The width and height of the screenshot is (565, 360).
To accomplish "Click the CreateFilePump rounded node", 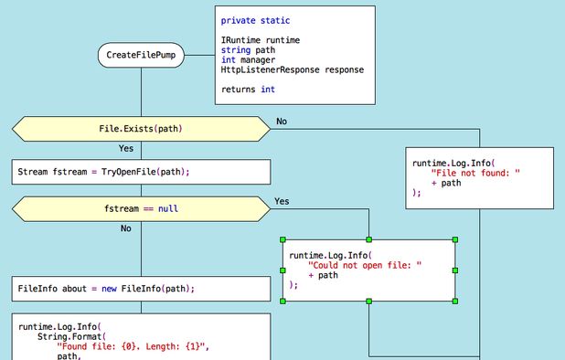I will pyautogui.click(x=142, y=56).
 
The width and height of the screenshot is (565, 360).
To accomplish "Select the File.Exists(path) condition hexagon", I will pyautogui.click(x=141, y=129).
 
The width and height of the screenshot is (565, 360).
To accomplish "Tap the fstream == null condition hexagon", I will pyautogui.click(x=141, y=208).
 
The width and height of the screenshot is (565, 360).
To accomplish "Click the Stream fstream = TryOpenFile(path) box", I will pyautogui.click(x=141, y=172).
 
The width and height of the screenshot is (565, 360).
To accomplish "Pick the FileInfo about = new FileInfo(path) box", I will pyautogui.click(x=141, y=289).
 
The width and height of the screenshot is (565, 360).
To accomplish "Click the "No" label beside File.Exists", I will pyautogui.click(x=282, y=122).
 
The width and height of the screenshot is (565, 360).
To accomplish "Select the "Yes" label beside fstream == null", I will pyautogui.click(x=282, y=201).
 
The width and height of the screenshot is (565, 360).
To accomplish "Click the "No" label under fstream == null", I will pyautogui.click(x=126, y=228).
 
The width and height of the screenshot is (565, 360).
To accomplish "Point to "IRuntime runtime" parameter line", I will pyautogui.click(x=260, y=40).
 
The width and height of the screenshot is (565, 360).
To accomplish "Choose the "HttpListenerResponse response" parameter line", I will pyautogui.click(x=292, y=69).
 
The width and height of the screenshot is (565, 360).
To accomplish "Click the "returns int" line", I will pyautogui.click(x=248, y=90).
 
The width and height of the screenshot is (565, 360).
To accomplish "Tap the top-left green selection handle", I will pyautogui.click(x=283, y=240).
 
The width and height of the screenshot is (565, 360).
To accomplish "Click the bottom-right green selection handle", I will pyautogui.click(x=455, y=301).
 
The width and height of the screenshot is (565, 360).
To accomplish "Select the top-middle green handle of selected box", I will pyautogui.click(x=369, y=240).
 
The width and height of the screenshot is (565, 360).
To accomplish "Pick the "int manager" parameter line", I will pyautogui.click(x=248, y=59).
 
